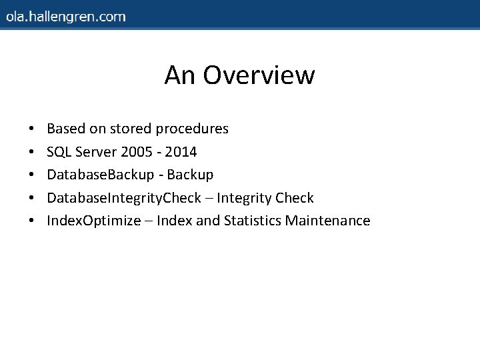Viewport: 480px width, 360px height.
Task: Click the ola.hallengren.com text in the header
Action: click(x=66, y=17)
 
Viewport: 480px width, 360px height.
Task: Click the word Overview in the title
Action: click(x=259, y=75)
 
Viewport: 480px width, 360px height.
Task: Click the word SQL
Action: click(x=59, y=152)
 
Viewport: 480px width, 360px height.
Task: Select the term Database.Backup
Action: click(x=101, y=175)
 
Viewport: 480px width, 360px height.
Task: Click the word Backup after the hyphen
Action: click(x=190, y=175)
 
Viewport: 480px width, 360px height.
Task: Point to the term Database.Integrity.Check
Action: click(x=123, y=198)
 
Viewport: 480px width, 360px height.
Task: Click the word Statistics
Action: click(x=253, y=221)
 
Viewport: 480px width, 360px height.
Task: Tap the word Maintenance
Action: click(x=327, y=221)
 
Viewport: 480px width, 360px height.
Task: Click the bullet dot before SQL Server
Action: click(x=31, y=153)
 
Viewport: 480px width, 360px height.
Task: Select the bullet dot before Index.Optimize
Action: click(x=31, y=221)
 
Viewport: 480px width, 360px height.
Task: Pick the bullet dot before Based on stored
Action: click(x=31, y=129)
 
